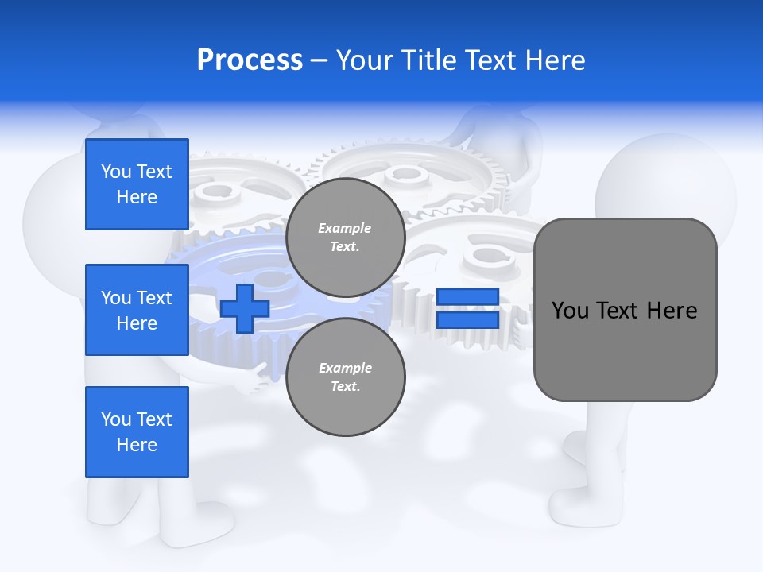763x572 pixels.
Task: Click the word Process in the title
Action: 250,60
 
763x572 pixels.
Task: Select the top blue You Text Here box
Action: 137,184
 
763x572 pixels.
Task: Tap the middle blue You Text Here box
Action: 137,310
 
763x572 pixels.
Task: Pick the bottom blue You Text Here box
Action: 137,431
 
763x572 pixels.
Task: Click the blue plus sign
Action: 245,308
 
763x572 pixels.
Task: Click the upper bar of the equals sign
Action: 467,296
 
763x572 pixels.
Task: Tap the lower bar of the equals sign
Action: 467,319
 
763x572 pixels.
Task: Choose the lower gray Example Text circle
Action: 345,377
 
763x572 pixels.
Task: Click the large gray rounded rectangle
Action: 625,350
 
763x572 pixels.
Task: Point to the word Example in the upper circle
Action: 345,228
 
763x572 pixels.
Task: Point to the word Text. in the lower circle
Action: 345,387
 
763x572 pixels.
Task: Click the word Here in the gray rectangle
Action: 672,311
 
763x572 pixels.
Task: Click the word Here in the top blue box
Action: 137,197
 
